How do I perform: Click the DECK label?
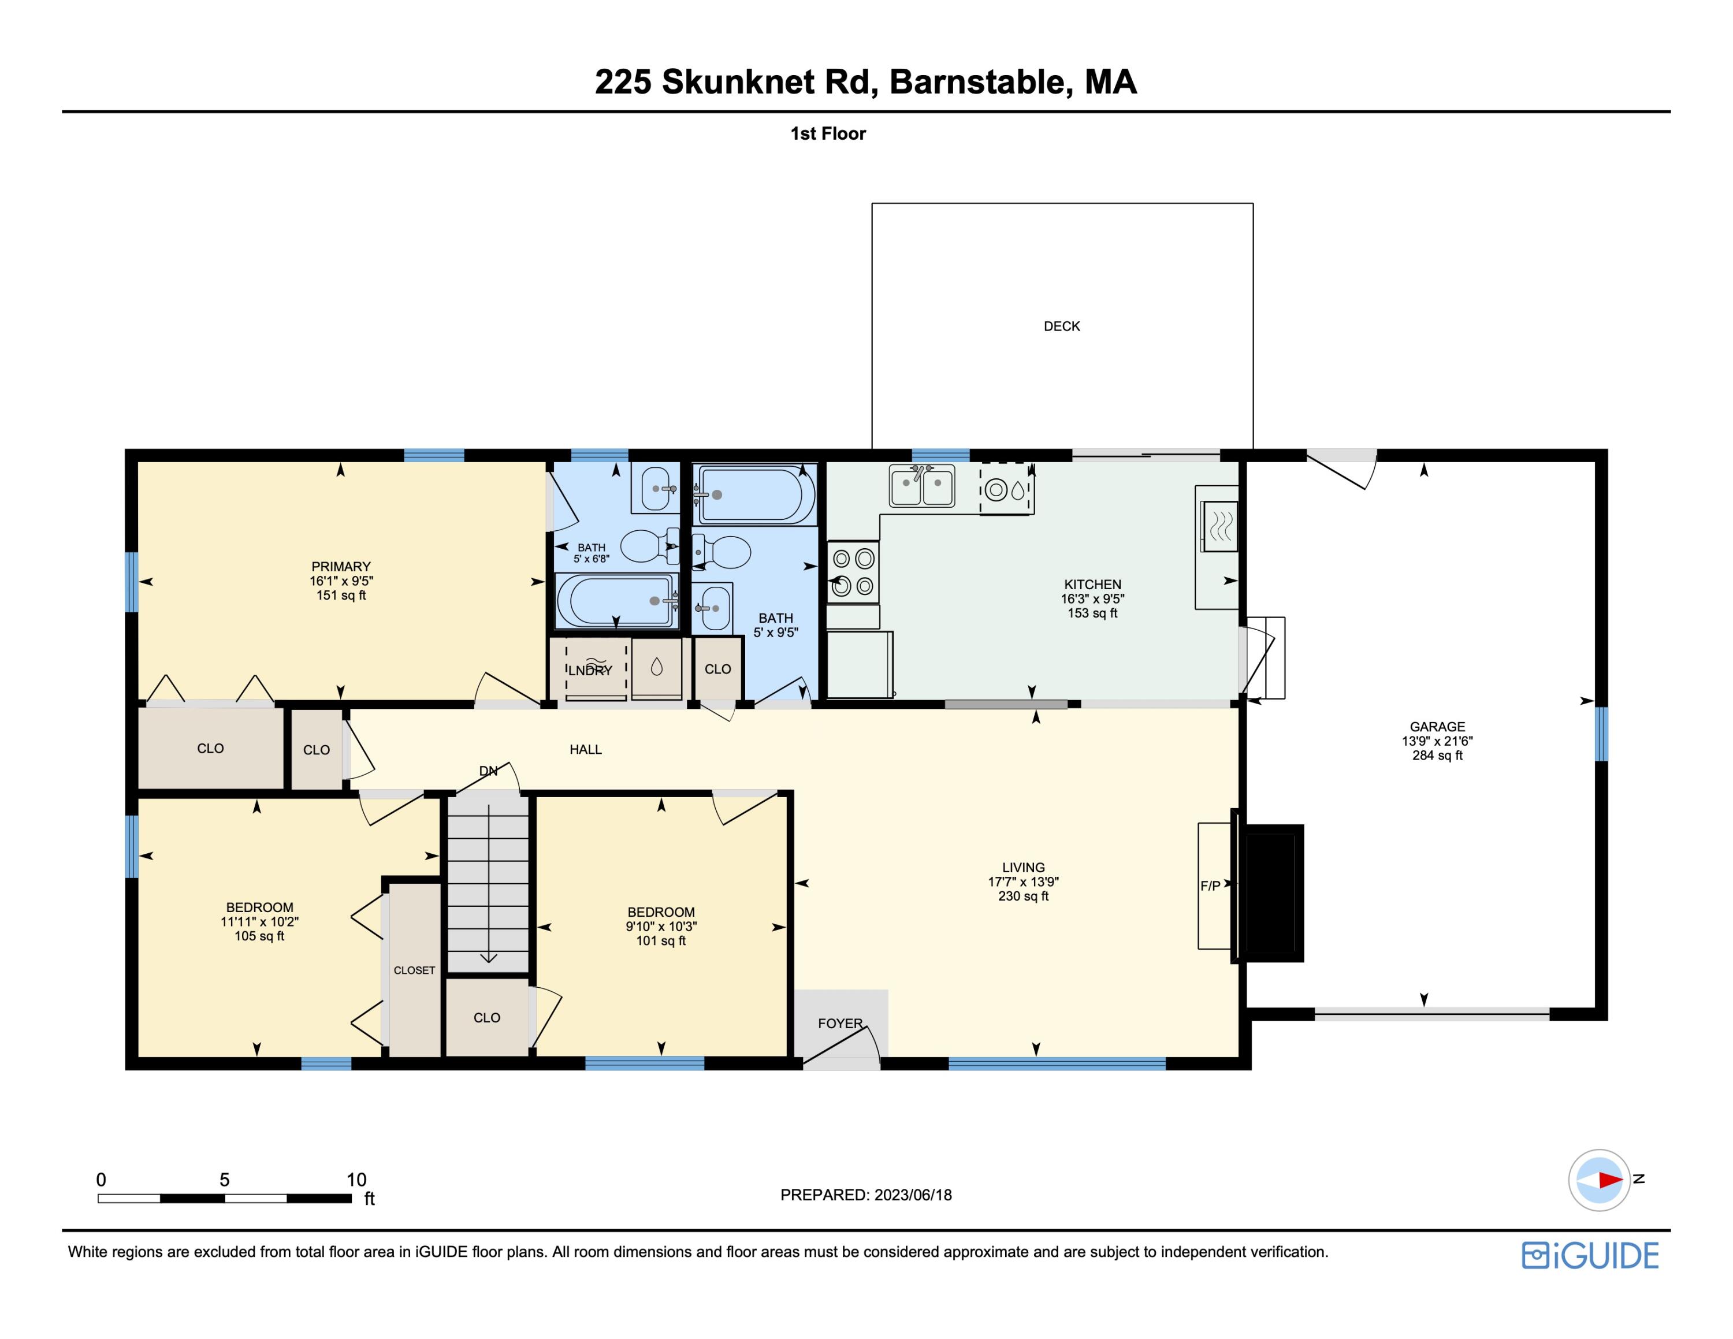coord(1061,326)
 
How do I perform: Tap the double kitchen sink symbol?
coord(921,485)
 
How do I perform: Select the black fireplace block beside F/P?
coord(1270,893)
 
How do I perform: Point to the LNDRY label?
coord(590,670)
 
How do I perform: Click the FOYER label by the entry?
coord(839,1023)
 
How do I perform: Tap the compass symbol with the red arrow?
coord(1599,1180)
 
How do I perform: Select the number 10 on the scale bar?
coord(356,1180)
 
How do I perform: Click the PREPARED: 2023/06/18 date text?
coord(866,1195)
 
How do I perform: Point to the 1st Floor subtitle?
coord(828,133)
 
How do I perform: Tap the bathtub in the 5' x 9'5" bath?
coord(754,495)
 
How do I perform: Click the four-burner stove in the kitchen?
coord(853,572)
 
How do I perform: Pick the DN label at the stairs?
coord(488,771)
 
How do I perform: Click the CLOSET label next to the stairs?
coord(414,970)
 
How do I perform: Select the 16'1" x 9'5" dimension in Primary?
coord(341,581)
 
